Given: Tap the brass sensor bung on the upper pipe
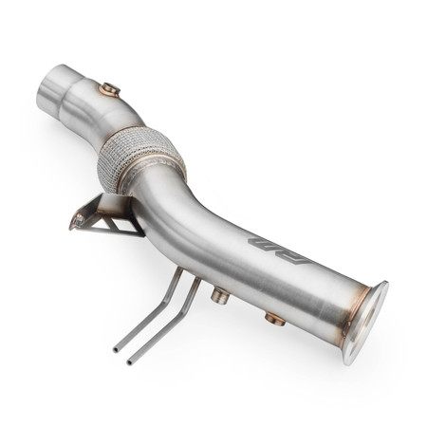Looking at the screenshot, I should tap(110, 90).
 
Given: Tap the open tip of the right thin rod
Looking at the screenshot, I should tap(131, 362).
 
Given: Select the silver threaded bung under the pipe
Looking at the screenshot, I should tap(220, 296).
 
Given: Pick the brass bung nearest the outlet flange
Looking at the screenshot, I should tap(275, 319).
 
